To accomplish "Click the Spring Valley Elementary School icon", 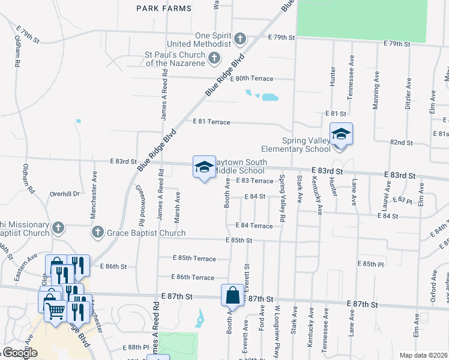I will pos(341,134).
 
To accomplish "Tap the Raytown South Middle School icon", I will pos(203,167).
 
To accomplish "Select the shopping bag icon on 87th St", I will pos(232,296).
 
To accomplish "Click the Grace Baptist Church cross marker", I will pos(96,232).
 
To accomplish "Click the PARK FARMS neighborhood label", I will pos(163,8).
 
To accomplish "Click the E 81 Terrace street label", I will pos(211,122).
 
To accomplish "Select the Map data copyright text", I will pos(423,355).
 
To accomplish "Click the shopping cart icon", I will pos(55,311).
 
